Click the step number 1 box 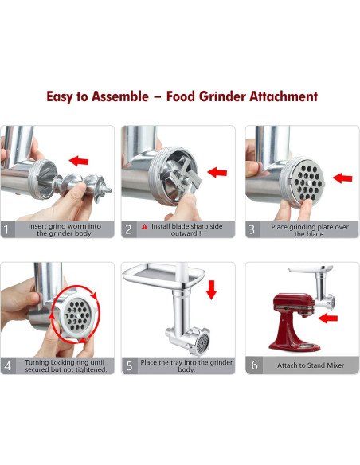tap(9, 229)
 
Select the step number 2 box tap(129, 229)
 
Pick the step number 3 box tap(252, 229)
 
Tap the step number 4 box tap(9, 366)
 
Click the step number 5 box tap(129, 366)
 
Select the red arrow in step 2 tap(217, 171)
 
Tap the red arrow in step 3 tap(342, 178)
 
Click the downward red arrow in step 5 tap(211, 289)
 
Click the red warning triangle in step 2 tap(144, 227)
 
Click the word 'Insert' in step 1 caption tap(39, 226)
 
